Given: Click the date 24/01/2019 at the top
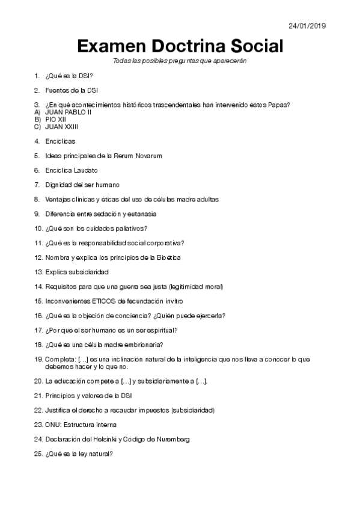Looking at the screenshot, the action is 307,26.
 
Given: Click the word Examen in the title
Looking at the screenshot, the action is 111,46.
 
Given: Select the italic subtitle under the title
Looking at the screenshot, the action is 180,61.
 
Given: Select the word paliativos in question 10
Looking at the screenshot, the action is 133,228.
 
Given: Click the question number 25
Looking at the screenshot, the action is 38,454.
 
